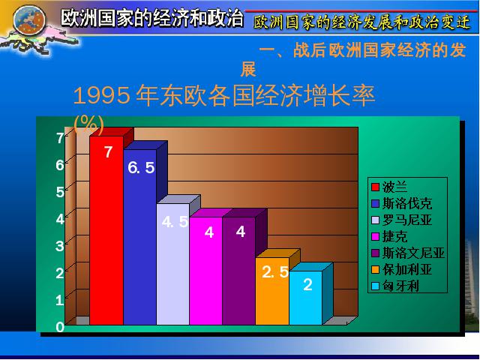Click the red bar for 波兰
pyautogui.click(x=106, y=230)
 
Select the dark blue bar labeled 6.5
pyautogui.click(x=140, y=237)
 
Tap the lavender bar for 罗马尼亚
pyautogui.click(x=173, y=264)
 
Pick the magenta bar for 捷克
pyautogui.click(x=206, y=271)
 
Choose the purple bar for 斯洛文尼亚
pyautogui.click(x=239, y=271)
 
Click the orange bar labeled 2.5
pyautogui.click(x=272, y=291)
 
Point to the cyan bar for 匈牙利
pyautogui.click(x=305, y=298)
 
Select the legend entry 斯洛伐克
pyautogui.click(x=401, y=203)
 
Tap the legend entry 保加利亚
pyautogui.click(x=401, y=270)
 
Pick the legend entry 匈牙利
pyautogui.click(x=395, y=286)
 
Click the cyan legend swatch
pyautogui.click(x=375, y=286)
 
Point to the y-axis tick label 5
pyautogui.click(x=60, y=192)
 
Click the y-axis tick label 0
pyautogui.click(x=60, y=327)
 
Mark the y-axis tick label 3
pyautogui.click(x=60, y=247)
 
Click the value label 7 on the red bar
pyautogui.click(x=108, y=152)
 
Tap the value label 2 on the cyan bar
pyautogui.click(x=307, y=285)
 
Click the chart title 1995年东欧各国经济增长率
pyautogui.click(x=224, y=96)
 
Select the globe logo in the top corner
pyautogui.click(x=29, y=20)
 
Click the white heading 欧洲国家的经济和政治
pyautogui.click(x=152, y=18)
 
